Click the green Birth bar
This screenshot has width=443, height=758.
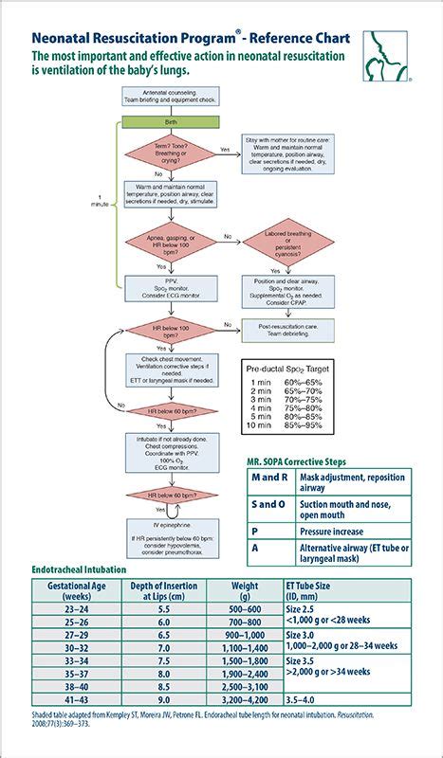point(171,122)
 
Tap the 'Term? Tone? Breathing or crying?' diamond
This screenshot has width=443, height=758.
point(171,153)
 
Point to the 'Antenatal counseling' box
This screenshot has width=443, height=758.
point(171,98)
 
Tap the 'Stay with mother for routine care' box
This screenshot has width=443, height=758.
point(289,156)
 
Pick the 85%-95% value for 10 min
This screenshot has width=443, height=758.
point(303,425)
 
